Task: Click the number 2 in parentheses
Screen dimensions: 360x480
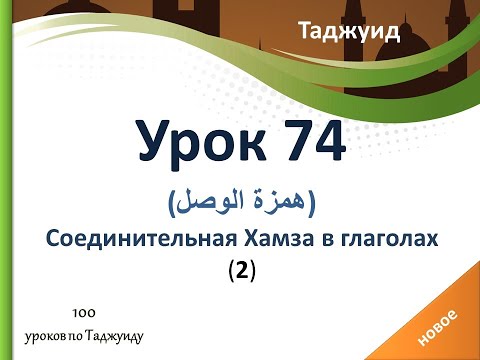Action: (x=241, y=270)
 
